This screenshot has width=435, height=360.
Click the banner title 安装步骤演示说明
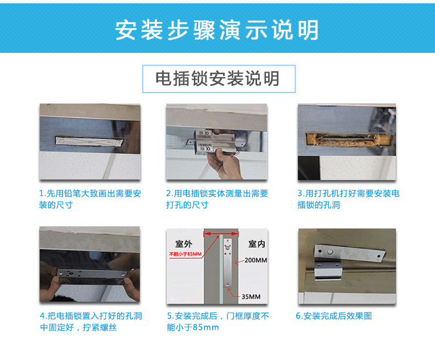[x=216, y=30]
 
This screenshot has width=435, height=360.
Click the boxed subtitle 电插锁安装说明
[x=217, y=79]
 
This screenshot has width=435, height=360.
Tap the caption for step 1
[x=90, y=199]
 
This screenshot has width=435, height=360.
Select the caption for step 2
[x=217, y=199]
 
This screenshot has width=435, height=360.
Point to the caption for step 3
[x=348, y=199]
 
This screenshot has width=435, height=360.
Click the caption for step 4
[x=91, y=321]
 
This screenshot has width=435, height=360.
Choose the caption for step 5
[x=218, y=321]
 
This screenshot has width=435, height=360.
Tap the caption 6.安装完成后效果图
[x=334, y=316]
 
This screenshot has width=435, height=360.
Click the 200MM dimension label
[x=256, y=260]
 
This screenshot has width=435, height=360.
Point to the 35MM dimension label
[x=251, y=297]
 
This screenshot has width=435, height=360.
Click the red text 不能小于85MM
[x=186, y=254]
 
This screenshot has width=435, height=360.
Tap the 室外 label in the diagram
[x=184, y=244]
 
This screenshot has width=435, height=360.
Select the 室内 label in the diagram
[x=257, y=244]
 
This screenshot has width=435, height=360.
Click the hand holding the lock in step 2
[x=224, y=164]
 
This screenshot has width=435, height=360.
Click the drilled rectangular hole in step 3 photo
[x=349, y=139]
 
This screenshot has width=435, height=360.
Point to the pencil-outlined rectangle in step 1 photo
[x=89, y=141]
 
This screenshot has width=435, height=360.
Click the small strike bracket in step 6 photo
[x=328, y=271]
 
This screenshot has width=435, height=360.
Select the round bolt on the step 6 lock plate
[x=330, y=252]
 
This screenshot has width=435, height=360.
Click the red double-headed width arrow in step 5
[x=221, y=234]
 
